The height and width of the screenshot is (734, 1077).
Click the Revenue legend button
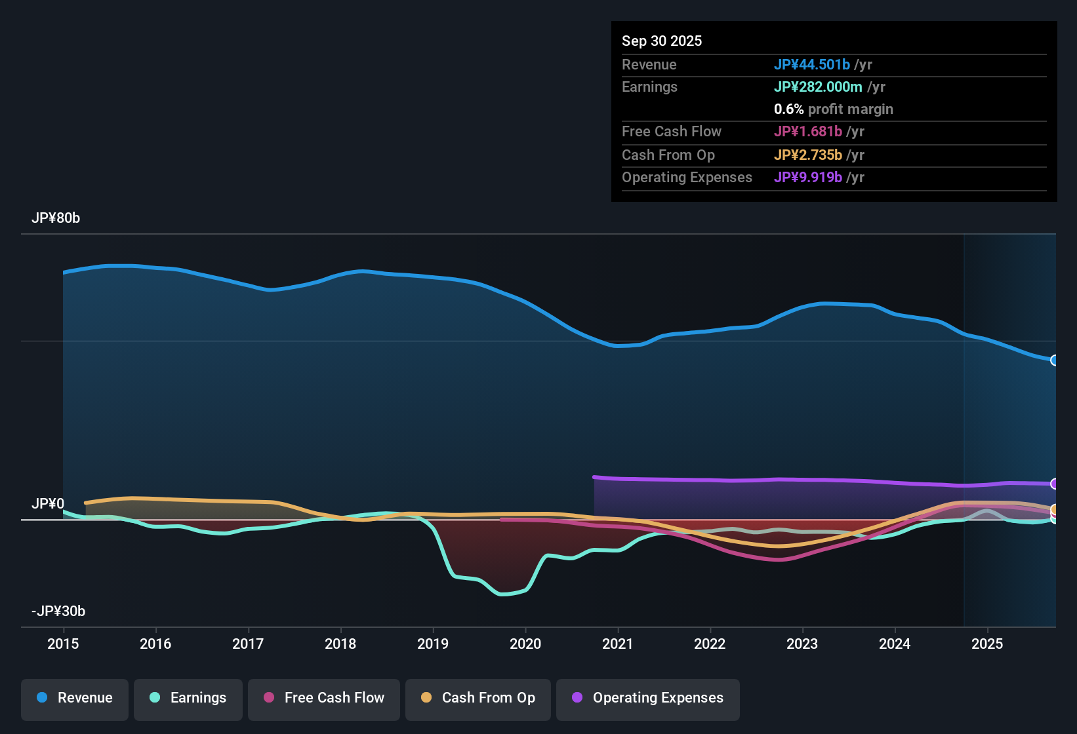[75, 698]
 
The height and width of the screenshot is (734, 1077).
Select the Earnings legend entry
[188, 698]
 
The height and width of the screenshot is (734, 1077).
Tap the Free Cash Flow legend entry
[324, 698]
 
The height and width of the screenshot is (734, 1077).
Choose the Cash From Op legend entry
[478, 698]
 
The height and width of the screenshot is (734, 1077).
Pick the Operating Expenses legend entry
[648, 698]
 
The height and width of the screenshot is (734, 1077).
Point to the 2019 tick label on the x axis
[433, 644]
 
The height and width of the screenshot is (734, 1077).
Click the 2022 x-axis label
[710, 644]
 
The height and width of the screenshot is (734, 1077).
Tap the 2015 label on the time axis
[63, 644]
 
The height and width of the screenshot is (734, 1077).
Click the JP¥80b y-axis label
[56, 218]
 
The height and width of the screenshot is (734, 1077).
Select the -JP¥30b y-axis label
[58, 611]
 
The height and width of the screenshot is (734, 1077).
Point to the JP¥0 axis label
[48, 504]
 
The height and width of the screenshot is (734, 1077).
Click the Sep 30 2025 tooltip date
[661, 41]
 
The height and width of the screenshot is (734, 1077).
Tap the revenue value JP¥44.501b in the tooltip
[812, 65]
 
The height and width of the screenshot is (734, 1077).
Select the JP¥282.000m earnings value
[818, 87]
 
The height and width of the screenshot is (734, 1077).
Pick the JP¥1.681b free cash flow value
[808, 132]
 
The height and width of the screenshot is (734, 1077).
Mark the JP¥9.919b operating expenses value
[808, 178]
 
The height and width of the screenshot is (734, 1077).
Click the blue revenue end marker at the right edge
[1054, 360]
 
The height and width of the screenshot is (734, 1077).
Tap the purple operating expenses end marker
[1054, 484]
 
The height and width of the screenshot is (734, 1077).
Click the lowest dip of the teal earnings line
[503, 594]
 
